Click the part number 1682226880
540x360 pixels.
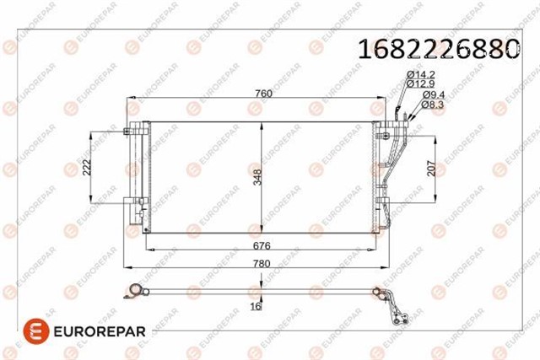click(439, 49)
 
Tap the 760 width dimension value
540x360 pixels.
click(263, 94)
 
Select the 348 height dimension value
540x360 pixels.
click(257, 177)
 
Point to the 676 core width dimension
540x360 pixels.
click(262, 245)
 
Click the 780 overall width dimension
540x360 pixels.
click(262, 264)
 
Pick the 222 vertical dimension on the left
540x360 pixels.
click(87, 167)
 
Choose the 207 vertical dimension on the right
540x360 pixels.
click(431, 169)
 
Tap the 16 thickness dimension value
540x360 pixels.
click(256, 306)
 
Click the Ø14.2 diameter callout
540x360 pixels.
click(420, 74)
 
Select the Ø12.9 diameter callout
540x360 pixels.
click(420, 83)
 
